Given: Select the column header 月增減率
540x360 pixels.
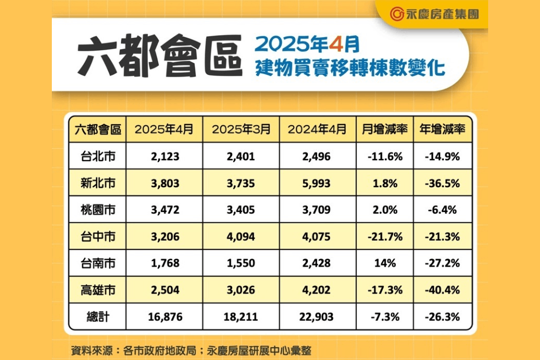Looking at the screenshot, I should [x=384, y=130].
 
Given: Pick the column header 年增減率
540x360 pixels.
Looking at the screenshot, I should [x=443, y=130].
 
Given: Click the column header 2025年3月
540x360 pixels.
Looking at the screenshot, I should [x=241, y=130].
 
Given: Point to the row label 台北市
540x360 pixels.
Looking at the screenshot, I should [x=98, y=157].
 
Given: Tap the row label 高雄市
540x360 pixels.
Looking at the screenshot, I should [x=98, y=290].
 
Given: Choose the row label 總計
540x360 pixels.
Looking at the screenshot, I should [x=98, y=317].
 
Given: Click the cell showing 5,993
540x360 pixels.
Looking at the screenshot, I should [x=316, y=184].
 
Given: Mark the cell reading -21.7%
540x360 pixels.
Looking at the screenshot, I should [x=384, y=236].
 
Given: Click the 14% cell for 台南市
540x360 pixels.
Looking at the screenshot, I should [x=384, y=263].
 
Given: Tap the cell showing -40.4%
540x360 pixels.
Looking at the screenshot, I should [x=443, y=290].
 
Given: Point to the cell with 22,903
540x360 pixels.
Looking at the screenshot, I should [x=316, y=317].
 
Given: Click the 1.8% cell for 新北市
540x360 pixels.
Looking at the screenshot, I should [x=384, y=184].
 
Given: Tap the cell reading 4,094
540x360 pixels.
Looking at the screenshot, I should [x=241, y=236].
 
